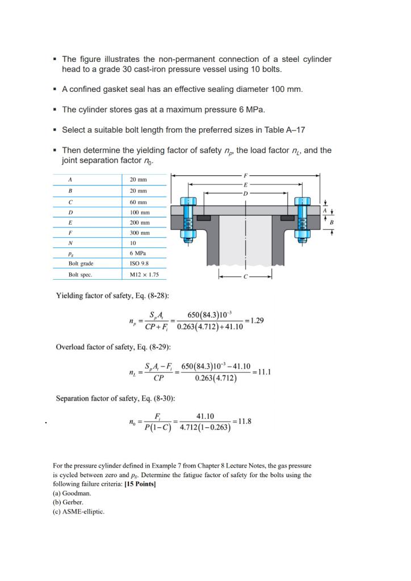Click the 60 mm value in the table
point(139,201)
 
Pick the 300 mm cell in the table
point(140,233)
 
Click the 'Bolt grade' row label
point(81,264)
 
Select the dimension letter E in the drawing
point(245,184)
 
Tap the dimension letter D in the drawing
point(245,193)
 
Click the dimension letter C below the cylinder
point(245,277)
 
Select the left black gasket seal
point(204,217)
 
